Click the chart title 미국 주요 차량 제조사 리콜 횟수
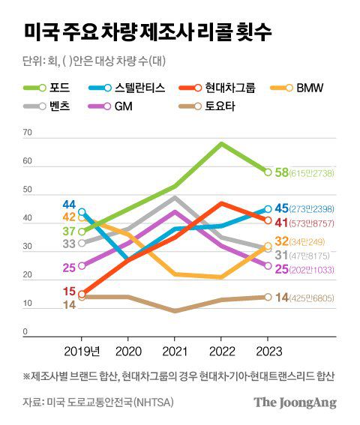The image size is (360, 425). (x=148, y=33)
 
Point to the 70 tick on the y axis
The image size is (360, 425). (x=28, y=133)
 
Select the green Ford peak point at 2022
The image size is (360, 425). (x=220, y=142)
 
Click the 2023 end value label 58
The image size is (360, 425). (x=282, y=172)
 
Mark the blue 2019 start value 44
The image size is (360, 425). (x=69, y=205)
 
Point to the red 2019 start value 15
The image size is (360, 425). (x=69, y=292)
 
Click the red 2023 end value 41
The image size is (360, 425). (x=283, y=223)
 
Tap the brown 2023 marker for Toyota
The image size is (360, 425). (x=267, y=297)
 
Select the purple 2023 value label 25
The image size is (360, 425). (x=283, y=269)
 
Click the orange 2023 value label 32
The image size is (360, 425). (x=283, y=241)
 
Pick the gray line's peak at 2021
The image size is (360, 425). (x=175, y=198)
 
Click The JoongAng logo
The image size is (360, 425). (x=294, y=403)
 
